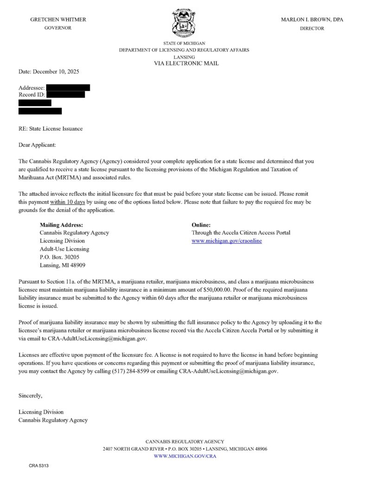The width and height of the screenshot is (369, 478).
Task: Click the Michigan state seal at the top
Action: pyautogui.click(x=184, y=23)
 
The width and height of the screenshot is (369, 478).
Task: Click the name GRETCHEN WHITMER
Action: pyautogui.click(x=58, y=19)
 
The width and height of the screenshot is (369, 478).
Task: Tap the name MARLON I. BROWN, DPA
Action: pyautogui.click(x=312, y=19)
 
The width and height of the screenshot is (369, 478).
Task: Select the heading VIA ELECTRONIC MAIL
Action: pyautogui.click(x=186, y=63)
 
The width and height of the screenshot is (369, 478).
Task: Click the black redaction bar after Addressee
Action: pyautogui.click(x=68, y=87)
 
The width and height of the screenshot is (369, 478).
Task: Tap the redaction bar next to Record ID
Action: pyautogui.click(x=65, y=95)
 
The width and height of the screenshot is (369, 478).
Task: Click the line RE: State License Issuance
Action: pyautogui.click(x=51, y=129)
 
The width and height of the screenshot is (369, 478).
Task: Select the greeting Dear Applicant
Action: pyautogui.click(x=37, y=145)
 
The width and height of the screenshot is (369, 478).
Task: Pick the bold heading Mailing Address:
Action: pyautogui.click(x=62, y=225)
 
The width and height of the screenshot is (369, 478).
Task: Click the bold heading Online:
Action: pyautogui.click(x=201, y=225)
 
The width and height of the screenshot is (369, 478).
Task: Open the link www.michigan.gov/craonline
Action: pyautogui.click(x=227, y=241)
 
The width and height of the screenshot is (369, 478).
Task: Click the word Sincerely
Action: pyautogui.click(x=31, y=396)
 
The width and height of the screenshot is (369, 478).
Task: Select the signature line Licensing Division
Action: pyautogui.click(x=41, y=412)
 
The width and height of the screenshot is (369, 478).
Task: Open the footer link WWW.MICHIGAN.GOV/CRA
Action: pyautogui.click(x=184, y=456)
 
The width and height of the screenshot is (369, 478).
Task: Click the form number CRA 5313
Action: pyautogui.click(x=38, y=465)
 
